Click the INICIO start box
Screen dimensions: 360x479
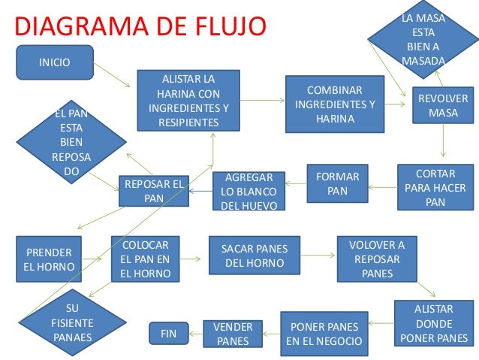55,62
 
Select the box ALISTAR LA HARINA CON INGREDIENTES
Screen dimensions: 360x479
188,100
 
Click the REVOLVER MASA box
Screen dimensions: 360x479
442,105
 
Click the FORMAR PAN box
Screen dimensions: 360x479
337,183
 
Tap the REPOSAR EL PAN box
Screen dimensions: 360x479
153,191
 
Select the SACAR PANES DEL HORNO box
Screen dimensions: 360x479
254,256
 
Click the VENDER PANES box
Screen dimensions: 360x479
233,334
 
